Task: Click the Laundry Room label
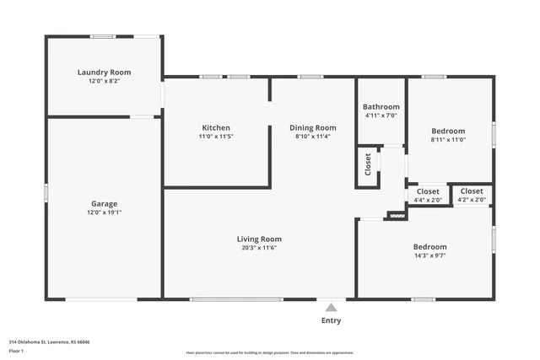tap(104, 73)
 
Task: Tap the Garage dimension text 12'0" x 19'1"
tap(104, 212)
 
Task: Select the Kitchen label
tap(216, 127)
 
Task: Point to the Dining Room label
tap(312, 127)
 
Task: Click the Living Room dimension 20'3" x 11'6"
tap(258, 248)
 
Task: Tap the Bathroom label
tap(381, 107)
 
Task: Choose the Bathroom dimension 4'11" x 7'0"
tap(381, 116)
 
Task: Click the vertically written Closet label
tap(368, 165)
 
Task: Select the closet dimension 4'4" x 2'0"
tap(428, 200)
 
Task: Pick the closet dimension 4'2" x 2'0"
tap(472, 200)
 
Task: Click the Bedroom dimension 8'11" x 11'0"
tap(448, 140)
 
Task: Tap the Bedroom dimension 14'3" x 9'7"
tap(429, 255)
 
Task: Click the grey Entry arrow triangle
tap(332, 308)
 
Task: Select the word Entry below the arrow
tap(332, 321)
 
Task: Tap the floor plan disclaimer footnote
tap(269, 352)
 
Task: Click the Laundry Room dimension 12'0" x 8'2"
tap(104, 81)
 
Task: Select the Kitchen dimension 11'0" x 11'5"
tap(216, 136)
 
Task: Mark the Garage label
tap(104, 203)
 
